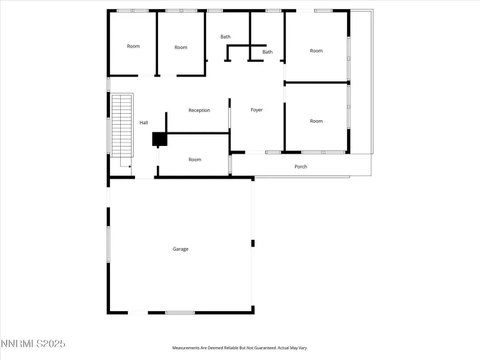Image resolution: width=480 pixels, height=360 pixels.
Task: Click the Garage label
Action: pos(181,249)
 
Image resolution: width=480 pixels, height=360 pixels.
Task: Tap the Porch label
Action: pos(301,166)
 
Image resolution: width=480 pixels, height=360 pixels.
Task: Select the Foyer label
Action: pos(256,110)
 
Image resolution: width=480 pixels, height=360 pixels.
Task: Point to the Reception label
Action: pos(199,110)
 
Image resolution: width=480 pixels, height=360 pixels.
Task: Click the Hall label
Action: pos(144,122)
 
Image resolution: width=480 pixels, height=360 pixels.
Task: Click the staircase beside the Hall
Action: pos(121,125)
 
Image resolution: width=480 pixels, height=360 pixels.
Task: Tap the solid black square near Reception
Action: pos(159,139)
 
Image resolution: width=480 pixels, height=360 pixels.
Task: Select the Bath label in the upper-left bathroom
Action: pos(226,37)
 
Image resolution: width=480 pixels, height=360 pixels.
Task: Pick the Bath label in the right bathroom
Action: pos(267,52)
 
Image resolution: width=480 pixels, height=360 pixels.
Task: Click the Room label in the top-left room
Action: pos(133,46)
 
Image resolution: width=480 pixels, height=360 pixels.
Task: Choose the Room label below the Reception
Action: pos(195,159)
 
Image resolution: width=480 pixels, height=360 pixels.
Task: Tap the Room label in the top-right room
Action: pos(316,51)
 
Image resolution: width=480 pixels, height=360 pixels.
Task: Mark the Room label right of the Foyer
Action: pos(316,121)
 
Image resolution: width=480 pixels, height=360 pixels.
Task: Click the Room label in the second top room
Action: pos(181,47)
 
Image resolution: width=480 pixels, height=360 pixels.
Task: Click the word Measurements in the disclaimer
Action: pos(188,348)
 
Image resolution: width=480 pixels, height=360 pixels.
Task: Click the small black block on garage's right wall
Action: pos(253,243)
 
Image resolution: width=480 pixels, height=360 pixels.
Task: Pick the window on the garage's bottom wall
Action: pos(180,312)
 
